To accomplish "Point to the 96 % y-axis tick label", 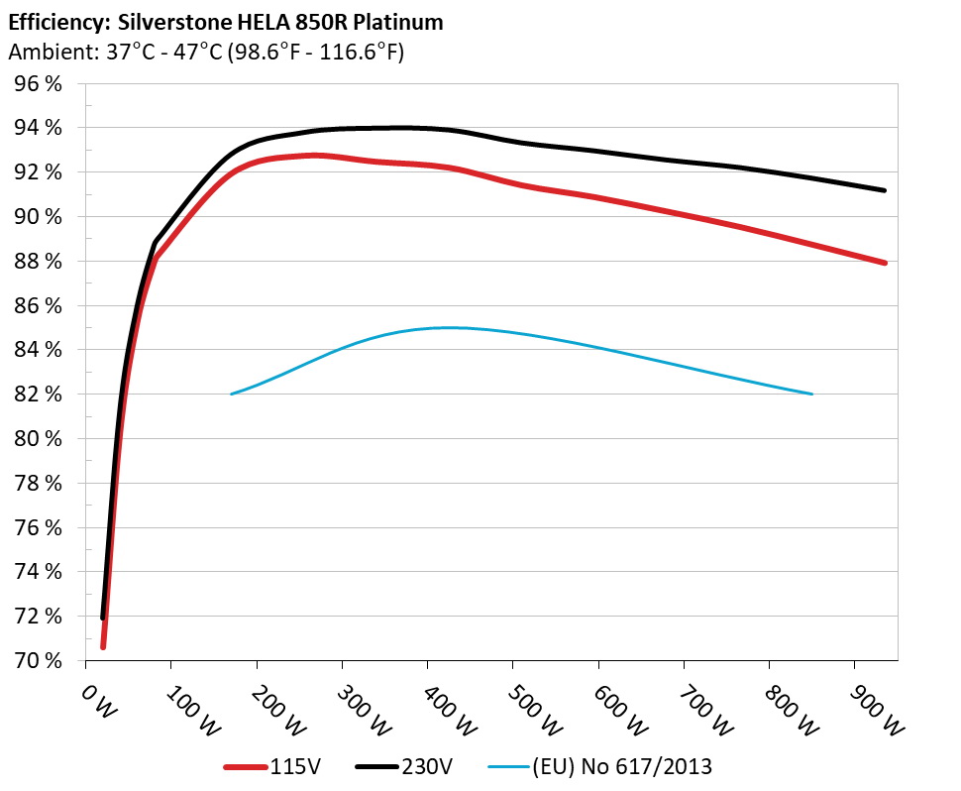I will tap(37, 84).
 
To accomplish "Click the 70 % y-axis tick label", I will tap(37, 660).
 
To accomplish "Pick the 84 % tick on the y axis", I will tap(37, 350).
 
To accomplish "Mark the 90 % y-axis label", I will tap(37, 217).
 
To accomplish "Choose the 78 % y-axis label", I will tap(37, 483).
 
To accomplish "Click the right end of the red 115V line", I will tap(884, 263).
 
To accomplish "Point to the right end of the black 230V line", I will tap(884, 190).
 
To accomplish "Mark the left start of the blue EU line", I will tap(231, 395).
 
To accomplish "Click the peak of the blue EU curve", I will tap(446, 327).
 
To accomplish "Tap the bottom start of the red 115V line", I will tap(103, 646).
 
